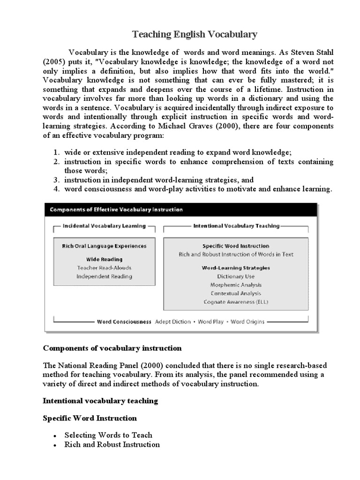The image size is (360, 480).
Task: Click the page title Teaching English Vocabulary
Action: (x=195, y=34)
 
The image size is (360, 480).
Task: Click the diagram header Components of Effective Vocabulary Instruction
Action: (x=116, y=210)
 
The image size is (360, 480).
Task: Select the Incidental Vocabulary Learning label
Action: (x=104, y=226)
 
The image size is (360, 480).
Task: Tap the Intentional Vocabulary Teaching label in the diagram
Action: (x=236, y=226)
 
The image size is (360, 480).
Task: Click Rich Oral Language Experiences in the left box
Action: (x=104, y=246)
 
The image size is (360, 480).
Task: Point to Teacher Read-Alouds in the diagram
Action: (x=104, y=268)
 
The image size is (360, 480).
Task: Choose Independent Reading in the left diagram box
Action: (x=104, y=277)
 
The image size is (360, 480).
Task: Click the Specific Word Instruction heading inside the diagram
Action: (x=236, y=246)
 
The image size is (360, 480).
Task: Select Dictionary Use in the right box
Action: (x=236, y=277)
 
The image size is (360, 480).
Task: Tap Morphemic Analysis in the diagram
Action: (x=236, y=285)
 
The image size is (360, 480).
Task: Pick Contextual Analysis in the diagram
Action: (x=236, y=293)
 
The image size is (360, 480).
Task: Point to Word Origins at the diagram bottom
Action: (x=247, y=322)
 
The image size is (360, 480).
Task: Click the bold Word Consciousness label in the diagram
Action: (x=124, y=322)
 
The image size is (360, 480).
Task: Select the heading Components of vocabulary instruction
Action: (x=112, y=349)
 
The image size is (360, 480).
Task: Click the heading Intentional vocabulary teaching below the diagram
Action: (x=100, y=401)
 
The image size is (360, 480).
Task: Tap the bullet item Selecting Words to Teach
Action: (x=108, y=435)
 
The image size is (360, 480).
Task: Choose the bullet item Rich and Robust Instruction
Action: (x=112, y=444)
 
